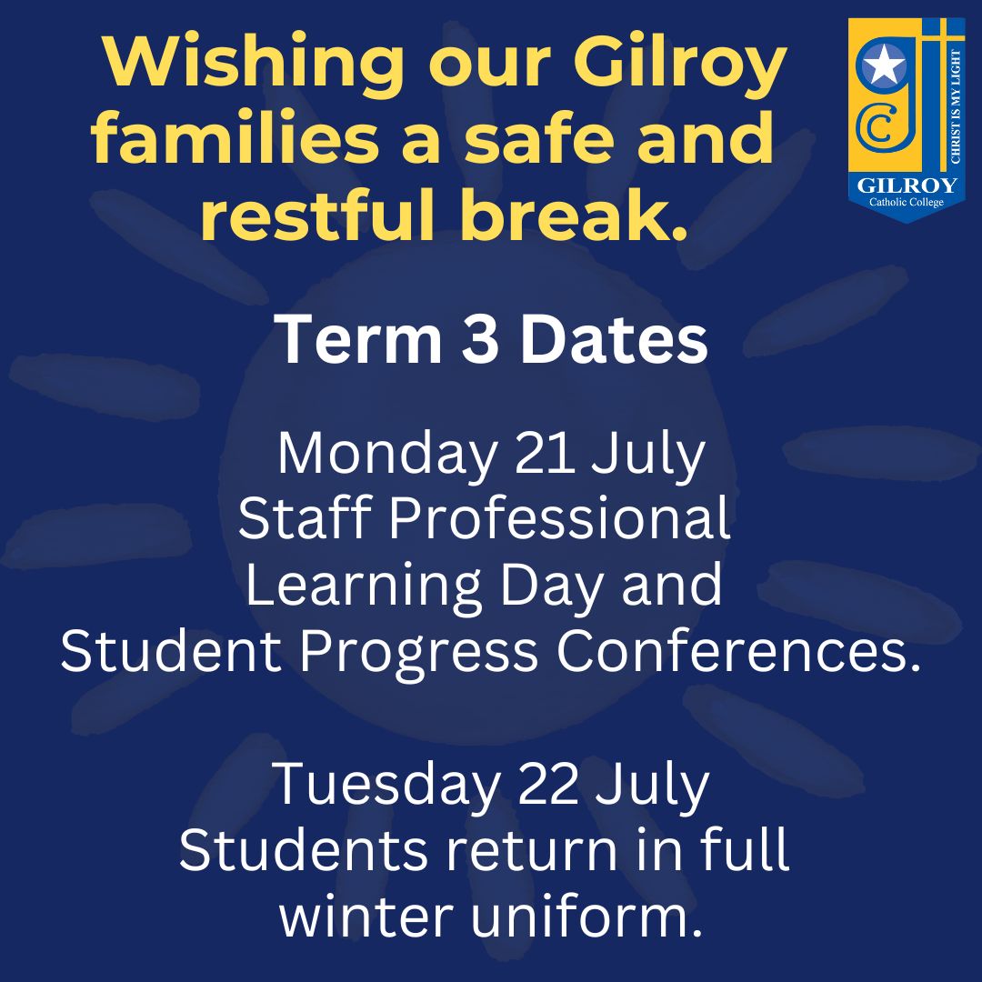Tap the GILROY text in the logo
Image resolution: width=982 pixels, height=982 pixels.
click(x=906, y=186)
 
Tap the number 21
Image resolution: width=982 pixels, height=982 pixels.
click(x=545, y=455)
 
